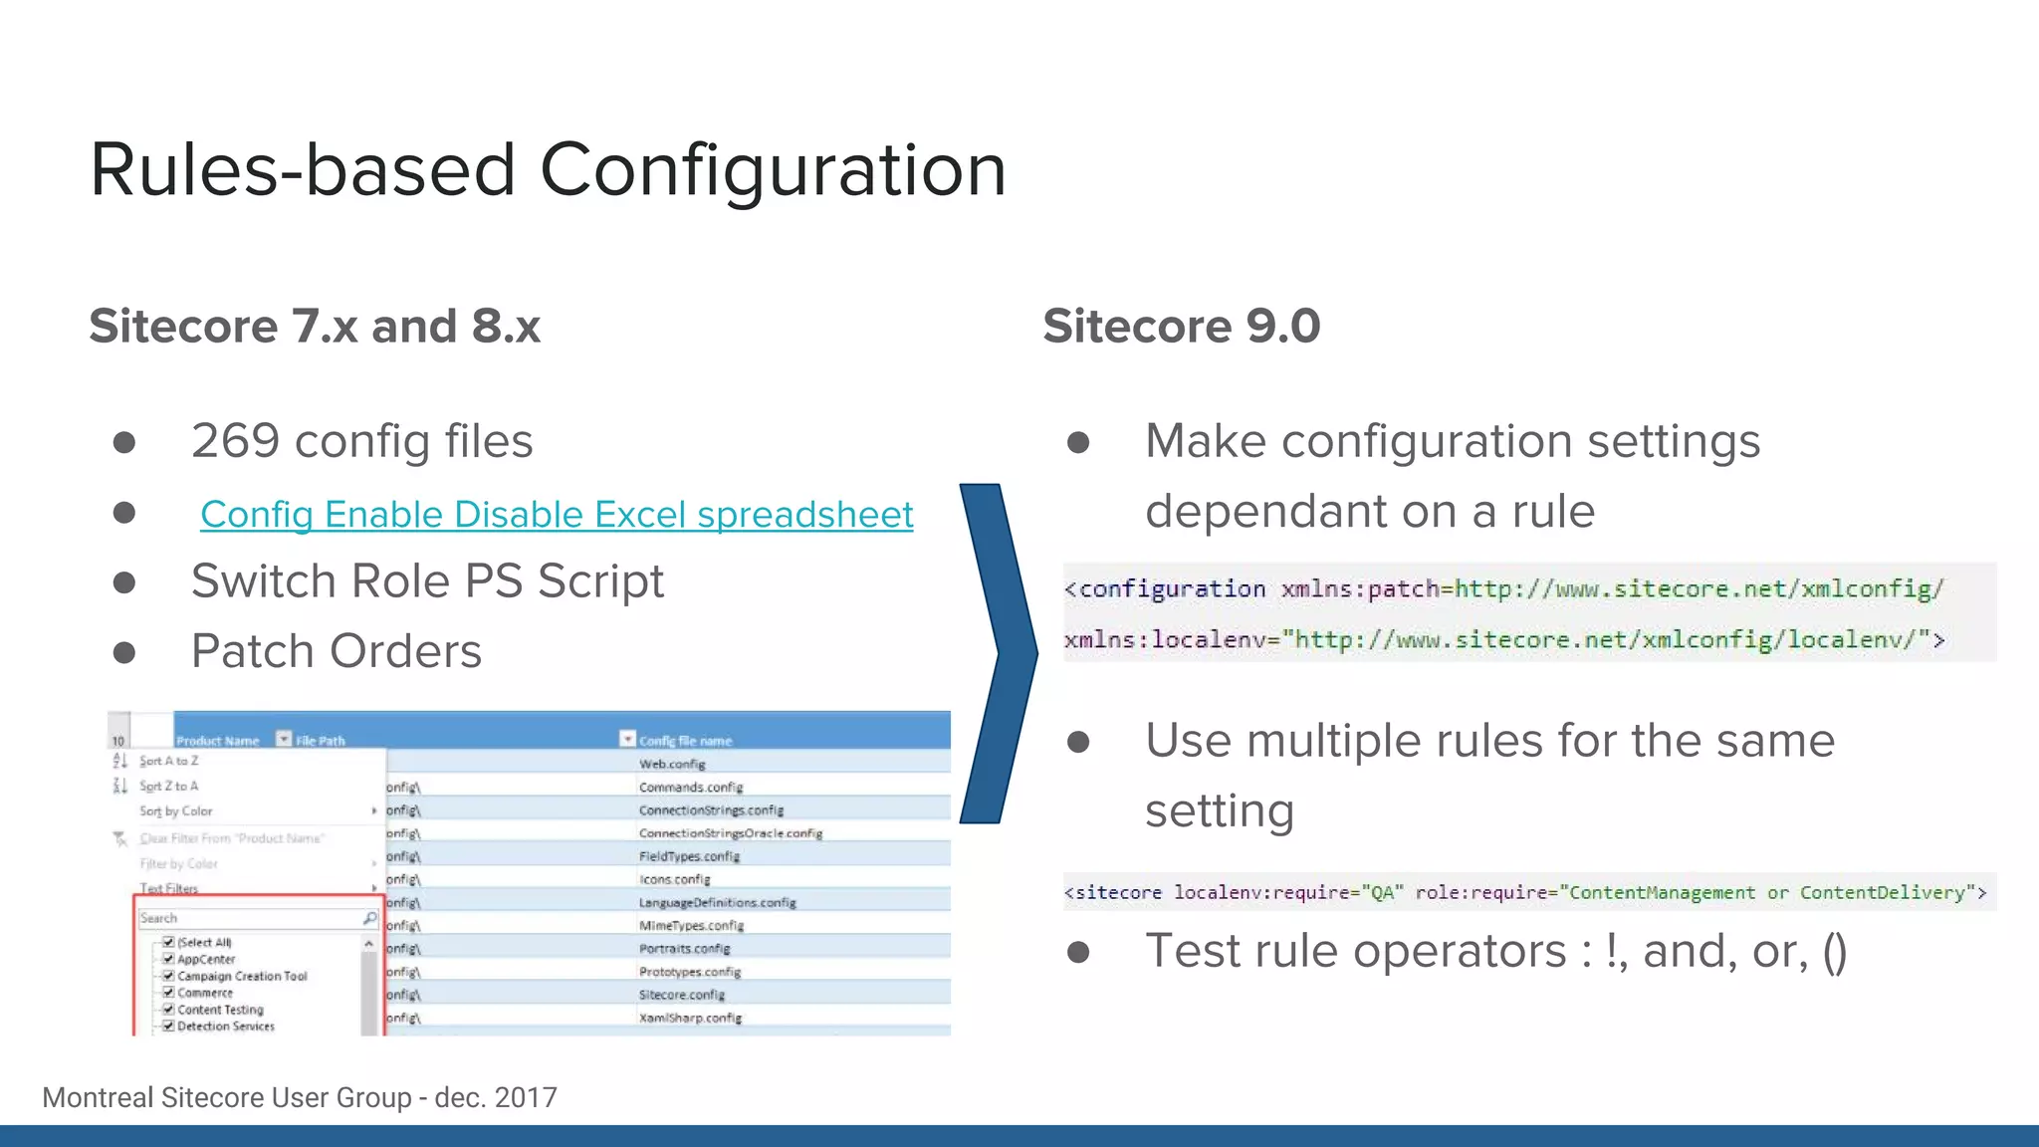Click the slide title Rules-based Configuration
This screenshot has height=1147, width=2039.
point(548,169)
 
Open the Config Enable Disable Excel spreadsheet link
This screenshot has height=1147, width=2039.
point(557,515)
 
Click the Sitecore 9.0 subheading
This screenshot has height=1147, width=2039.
point(1181,327)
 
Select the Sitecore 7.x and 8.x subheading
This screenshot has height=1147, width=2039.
point(315,327)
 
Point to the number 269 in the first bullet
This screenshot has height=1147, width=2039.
point(235,441)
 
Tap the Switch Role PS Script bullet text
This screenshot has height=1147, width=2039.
point(427,581)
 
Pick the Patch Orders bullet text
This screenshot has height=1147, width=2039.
point(337,651)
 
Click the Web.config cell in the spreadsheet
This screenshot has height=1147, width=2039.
point(672,764)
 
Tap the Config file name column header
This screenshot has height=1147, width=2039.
point(685,741)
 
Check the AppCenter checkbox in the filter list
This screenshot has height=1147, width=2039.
point(169,959)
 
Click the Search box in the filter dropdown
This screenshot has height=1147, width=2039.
point(254,918)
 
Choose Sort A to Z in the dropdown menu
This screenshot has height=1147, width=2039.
point(169,761)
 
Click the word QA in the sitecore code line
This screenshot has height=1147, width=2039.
point(1382,893)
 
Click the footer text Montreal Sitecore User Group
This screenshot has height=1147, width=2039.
point(226,1097)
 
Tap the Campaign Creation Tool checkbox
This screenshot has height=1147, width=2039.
point(169,976)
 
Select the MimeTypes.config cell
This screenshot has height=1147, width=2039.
point(691,925)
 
